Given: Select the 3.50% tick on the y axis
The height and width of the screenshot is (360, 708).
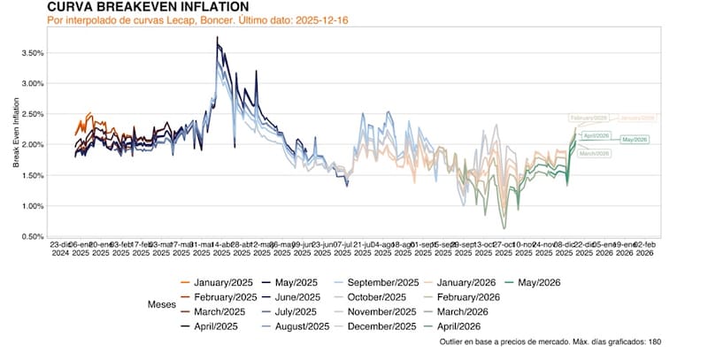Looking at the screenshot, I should [x=32, y=53].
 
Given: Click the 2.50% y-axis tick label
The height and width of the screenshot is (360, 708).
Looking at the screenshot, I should [x=32, y=114].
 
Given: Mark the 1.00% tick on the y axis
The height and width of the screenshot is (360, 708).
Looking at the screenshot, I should [x=32, y=206].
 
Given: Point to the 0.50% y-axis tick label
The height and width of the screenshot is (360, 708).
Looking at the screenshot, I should [x=32, y=236].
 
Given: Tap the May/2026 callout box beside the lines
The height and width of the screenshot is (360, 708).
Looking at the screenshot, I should [x=635, y=140].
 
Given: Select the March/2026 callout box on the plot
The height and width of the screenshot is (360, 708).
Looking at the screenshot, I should [x=594, y=153].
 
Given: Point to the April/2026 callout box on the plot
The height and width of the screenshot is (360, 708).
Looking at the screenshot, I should [x=596, y=135].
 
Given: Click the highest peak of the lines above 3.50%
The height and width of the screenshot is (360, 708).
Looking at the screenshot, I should [x=218, y=38].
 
